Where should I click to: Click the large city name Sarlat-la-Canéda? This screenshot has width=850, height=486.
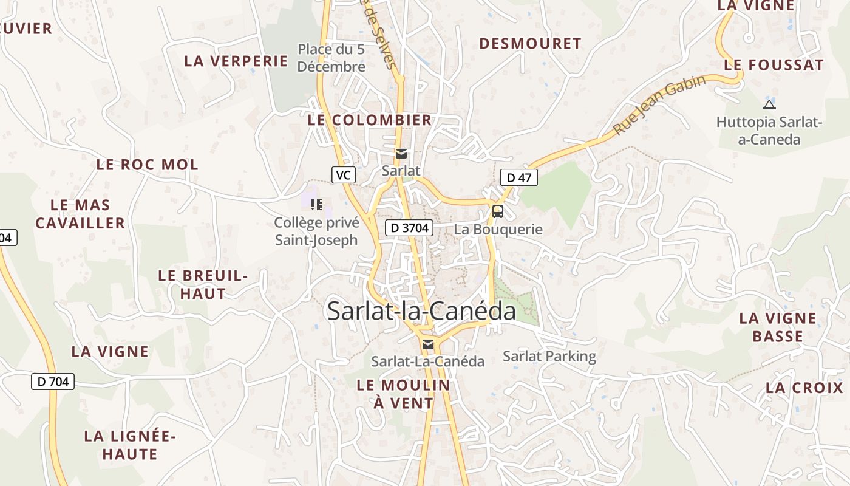pos(421,311)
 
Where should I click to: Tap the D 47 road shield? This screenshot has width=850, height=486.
pos(518,177)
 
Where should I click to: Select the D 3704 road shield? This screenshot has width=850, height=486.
pos(409,228)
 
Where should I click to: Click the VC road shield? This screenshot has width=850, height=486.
pos(343,175)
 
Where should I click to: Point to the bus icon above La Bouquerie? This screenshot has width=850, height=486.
pos(497,211)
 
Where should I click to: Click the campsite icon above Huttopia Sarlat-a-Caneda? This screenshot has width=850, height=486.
pos(769,104)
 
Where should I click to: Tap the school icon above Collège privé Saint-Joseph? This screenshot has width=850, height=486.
pos(316,205)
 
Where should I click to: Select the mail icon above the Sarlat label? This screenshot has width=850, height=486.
pos(401,154)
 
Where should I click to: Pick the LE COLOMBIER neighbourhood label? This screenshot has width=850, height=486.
pos(369,120)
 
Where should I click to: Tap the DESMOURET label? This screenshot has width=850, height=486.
pos(530,44)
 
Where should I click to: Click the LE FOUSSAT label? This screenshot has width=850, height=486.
pos(773,65)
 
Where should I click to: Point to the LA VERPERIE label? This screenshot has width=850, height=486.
pos(236,61)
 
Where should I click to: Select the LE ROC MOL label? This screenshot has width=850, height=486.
pos(147,165)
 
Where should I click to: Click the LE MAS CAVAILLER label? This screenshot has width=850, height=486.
pos(80,214)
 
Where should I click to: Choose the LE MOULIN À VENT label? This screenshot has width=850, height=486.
pos(403,394)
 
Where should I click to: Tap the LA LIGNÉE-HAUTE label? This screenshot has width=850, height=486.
pos(129,445)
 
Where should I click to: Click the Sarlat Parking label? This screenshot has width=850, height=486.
pos(549,356)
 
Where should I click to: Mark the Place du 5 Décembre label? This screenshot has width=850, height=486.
pos(331,58)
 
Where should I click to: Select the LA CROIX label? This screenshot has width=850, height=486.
pos(804,388)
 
